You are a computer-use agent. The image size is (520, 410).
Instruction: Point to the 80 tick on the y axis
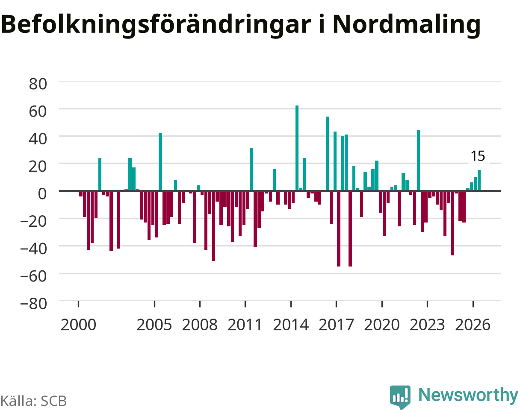[x=38, y=84]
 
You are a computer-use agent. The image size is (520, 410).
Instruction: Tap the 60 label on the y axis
[x=38, y=111]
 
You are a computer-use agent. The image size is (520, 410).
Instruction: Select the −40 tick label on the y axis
[x=34, y=249]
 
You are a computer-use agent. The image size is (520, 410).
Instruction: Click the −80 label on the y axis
[x=34, y=304]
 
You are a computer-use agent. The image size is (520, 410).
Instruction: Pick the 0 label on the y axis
[x=42, y=194]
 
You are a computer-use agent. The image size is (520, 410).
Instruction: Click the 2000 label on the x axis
[x=78, y=325]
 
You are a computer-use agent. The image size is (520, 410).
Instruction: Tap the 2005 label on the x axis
[x=154, y=325]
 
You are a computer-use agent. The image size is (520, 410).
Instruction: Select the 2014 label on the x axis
[x=291, y=325]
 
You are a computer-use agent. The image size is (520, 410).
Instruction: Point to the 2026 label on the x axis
[x=473, y=325]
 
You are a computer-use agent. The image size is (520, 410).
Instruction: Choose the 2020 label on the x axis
[x=382, y=325]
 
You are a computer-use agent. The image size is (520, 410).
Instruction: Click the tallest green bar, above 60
[x=297, y=148]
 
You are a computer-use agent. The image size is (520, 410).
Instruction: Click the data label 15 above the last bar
[x=478, y=156]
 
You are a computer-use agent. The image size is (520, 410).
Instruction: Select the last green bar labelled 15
[x=479, y=180]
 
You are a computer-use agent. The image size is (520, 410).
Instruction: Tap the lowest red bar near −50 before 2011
[x=214, y=226]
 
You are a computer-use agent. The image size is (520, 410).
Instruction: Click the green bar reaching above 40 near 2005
[x=160, y=162]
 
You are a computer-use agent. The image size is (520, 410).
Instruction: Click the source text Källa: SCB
[x=33, y=401]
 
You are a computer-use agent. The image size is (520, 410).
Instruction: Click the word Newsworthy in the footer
[x=468, y=395]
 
